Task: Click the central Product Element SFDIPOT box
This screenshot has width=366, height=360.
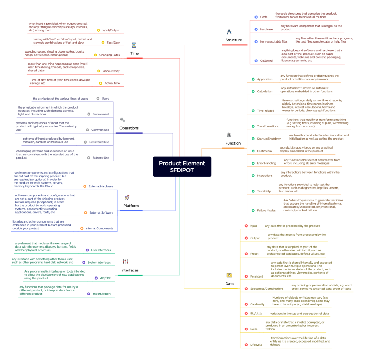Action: (182, 167)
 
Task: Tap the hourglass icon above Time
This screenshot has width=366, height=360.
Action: (134, 45)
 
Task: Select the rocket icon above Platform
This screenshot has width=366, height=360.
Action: (127, 197)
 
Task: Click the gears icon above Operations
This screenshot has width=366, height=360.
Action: (123, 120)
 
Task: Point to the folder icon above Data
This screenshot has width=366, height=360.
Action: (229, 275)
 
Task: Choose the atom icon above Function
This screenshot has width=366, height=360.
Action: (229, 135)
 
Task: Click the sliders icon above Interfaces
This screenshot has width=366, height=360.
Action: (125, 261)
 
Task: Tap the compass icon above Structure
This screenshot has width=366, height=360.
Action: (229, 31)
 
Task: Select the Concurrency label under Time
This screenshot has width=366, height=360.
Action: (111, 71)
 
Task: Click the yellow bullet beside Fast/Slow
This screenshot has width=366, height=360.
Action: (103, 42)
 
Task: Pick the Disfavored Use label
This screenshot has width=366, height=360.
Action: (99, 142)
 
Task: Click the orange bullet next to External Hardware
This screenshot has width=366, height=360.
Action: (85, 186)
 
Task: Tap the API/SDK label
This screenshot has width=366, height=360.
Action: (105, 278)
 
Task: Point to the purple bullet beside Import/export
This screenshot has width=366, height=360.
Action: (89, 294)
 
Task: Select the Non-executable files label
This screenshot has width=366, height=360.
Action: (273, 41)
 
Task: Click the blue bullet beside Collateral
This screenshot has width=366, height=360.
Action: (256, 61)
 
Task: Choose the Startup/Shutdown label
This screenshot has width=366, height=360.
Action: (269, 139)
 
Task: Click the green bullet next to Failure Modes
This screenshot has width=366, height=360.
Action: (253, 211)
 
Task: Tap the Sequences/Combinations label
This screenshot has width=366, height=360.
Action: (267, 289)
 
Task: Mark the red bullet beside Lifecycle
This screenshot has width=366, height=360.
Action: (246, 345)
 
